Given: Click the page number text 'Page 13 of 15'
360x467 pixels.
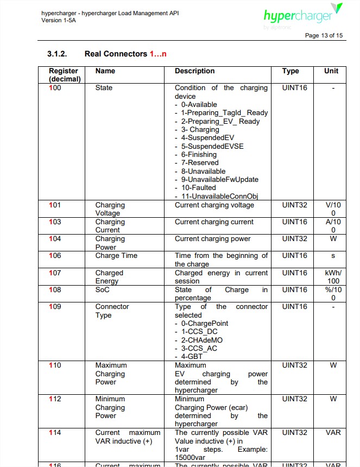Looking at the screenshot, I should (324, 35).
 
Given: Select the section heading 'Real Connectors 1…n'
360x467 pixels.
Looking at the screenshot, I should (125, 54).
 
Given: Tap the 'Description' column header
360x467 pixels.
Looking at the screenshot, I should (194, 71).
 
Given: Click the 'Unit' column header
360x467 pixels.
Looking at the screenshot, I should (331, 71).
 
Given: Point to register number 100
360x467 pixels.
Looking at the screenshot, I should (55, 87).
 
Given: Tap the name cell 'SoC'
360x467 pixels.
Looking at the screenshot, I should (103, 290).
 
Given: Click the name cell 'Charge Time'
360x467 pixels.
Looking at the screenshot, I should (116, 256).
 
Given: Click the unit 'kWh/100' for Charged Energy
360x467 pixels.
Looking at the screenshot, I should (333, 277).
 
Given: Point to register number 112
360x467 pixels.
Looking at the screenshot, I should (55, 399).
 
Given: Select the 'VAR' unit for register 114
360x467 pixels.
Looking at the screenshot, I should (333, 433).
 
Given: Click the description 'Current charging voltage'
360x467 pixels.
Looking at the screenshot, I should (214, 205).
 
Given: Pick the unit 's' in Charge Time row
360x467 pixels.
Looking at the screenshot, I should (333, 256).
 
